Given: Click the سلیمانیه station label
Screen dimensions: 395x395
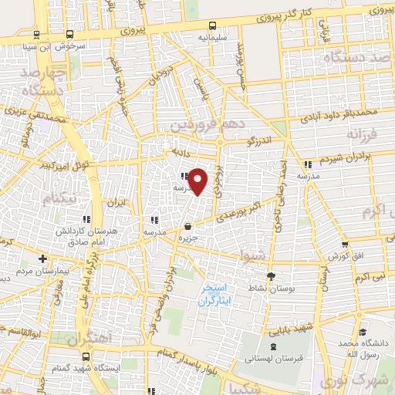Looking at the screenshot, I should [x=212, y=36].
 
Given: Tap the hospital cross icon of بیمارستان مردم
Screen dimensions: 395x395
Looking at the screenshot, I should [x=43, y=258].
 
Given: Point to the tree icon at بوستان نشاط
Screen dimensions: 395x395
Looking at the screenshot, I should [x=269, y=276].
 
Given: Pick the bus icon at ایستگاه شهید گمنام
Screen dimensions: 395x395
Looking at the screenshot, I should [x=86, y=356].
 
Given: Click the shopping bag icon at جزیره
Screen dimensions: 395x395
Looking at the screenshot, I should [x=188, y=227].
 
